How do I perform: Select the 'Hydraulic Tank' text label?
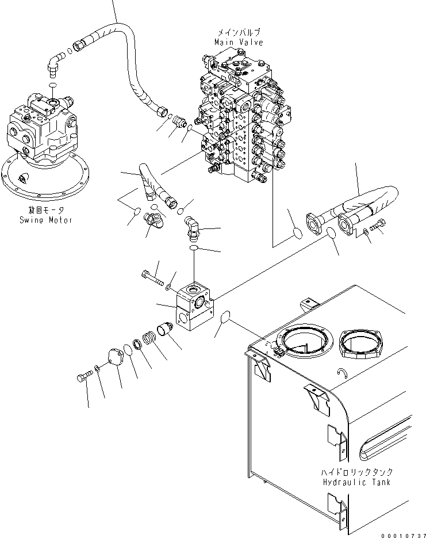point(356,482)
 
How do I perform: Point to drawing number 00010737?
point(401,532)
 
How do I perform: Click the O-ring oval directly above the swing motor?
point(53,85)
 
